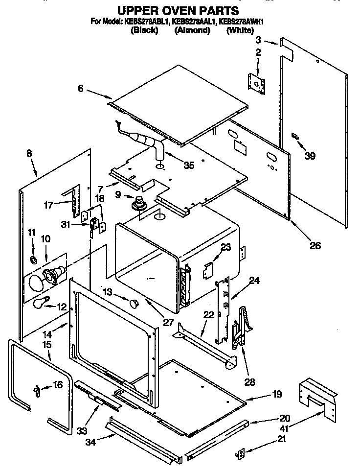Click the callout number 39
[309, 156]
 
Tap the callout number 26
[315, 245]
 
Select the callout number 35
[188, 165]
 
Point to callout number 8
[29, 153]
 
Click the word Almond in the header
[192, 30]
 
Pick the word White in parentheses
[240, 30]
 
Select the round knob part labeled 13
[135, 304]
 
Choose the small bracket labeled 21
[240, 454]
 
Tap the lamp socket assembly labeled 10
[51, 275]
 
